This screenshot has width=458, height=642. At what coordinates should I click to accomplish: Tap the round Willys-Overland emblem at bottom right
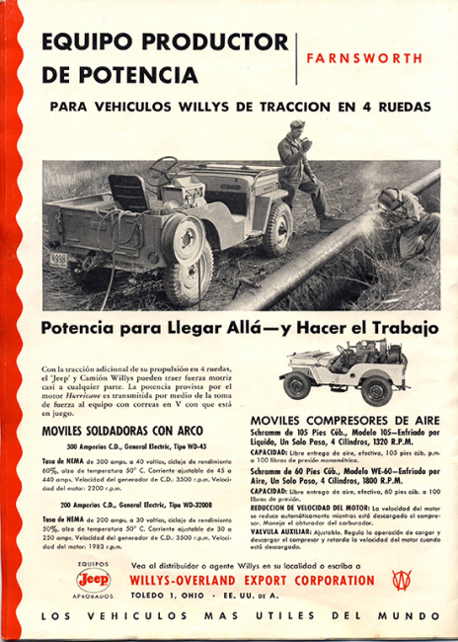tap(401, 580)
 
